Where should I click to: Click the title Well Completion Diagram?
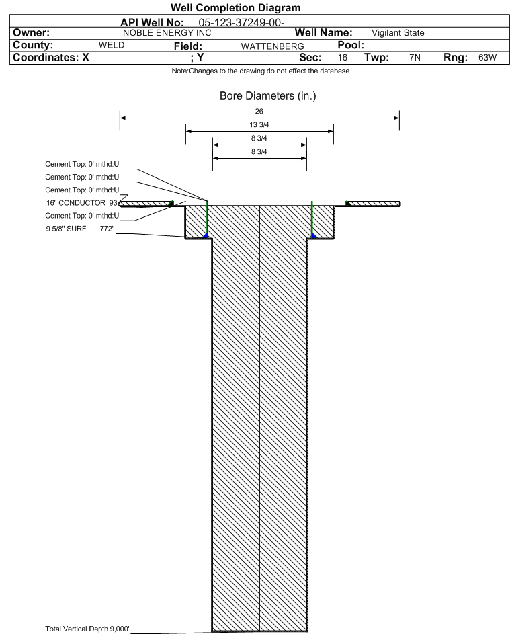tap(236, 7)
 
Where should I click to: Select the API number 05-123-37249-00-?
tap(241, 23)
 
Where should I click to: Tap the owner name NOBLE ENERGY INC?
tap(167, 33)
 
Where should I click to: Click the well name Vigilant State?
tap(398, 33)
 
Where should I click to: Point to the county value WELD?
tap(112, 45)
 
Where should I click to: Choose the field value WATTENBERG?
tap(272, 46)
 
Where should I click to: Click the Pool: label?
tap(351, 45)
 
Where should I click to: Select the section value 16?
tap(343, 57)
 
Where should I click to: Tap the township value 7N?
tap(415, 57)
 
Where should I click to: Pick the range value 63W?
tap(487, 57)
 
